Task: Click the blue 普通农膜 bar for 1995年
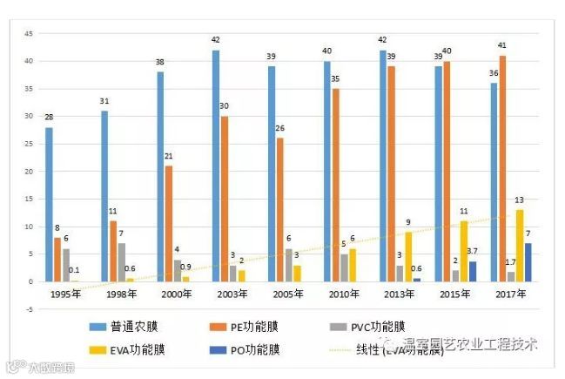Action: [x=49, y=205]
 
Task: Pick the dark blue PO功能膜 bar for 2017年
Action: [x=528, y=262]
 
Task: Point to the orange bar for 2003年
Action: [x=224, y=199]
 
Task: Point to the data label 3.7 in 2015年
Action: [x=473, y=251]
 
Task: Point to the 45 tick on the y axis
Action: [x=28, y=33]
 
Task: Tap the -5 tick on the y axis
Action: [x=28, y=309]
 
